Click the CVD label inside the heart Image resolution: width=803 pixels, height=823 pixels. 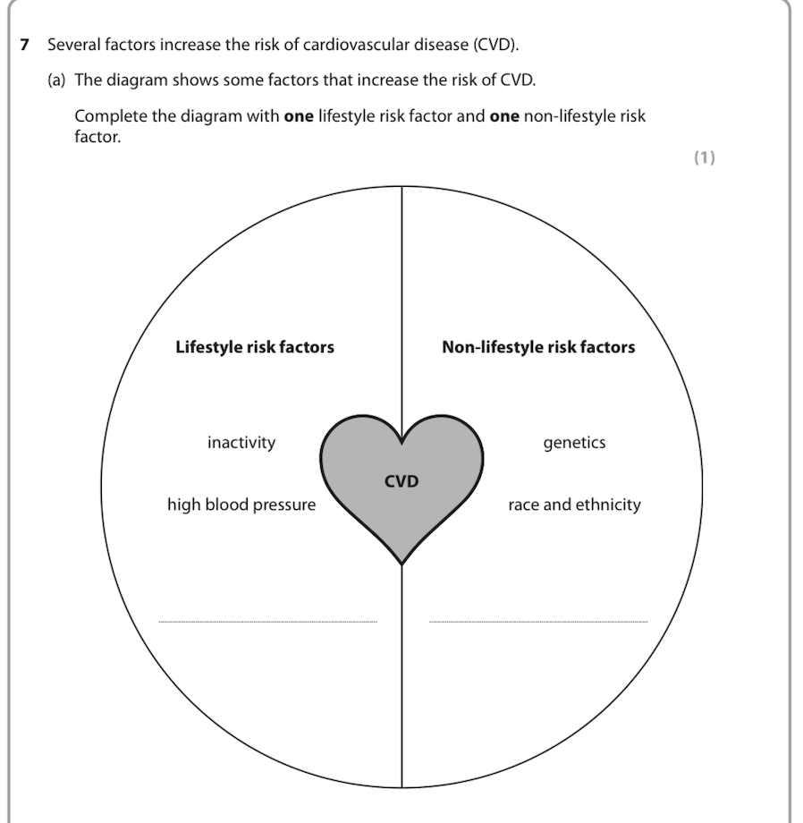[x=401, y=482]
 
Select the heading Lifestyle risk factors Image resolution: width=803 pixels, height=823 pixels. [x=255, y=347]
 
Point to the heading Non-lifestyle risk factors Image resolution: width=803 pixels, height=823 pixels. [x=538, y=347]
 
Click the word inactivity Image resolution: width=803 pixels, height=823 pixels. [x=241, y=443]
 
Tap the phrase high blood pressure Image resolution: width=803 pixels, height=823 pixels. [x=241, y=505]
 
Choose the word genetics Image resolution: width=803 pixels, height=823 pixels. [x=574, y=443]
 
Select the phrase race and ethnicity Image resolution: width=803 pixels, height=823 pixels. [x=574, y=505]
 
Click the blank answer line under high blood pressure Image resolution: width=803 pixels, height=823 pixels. [x=267, y=620]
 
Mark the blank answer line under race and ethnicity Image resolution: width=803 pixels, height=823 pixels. [x=537, y=620]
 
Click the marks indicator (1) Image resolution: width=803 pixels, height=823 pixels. [x=705, y=158]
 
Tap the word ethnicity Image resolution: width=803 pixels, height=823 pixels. [x=608, y=505]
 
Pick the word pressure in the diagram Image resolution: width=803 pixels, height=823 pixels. [x=283, y=505]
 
